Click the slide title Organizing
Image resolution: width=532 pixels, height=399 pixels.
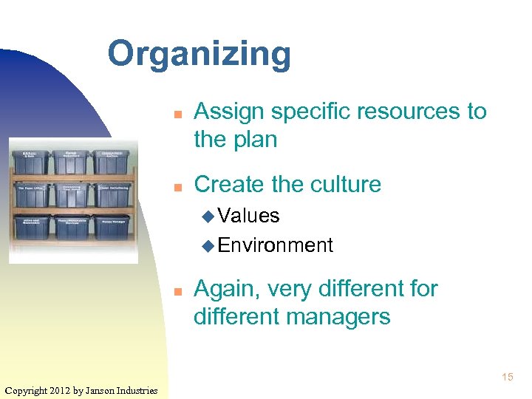click(199, 55)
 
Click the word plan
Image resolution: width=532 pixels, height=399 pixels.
click(256, 139)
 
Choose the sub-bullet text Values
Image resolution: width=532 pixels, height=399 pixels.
click(248, 216)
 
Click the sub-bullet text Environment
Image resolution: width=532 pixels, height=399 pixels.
click(275, 245)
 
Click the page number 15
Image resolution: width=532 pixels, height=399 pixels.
click(507, 378)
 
